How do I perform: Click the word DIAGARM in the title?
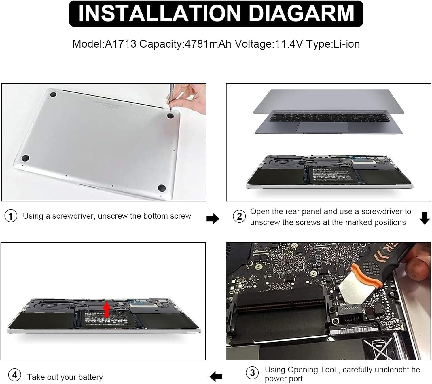pos(301,13)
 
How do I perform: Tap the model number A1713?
pos(120,44)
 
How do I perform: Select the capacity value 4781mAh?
pos(208,44)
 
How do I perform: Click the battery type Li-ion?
pos(346,44)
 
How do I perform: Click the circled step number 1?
pos(11,216)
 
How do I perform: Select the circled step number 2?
pos(239,216)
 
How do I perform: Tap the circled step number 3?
pos(252,373)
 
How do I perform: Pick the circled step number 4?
pos(14,375)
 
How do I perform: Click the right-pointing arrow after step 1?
pos(213,219)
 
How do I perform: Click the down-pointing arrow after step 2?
pos(425,218)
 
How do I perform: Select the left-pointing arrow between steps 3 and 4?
pos(216,376)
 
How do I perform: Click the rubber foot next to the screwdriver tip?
pos(170,116)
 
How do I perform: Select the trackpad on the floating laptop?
pos(322,127)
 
